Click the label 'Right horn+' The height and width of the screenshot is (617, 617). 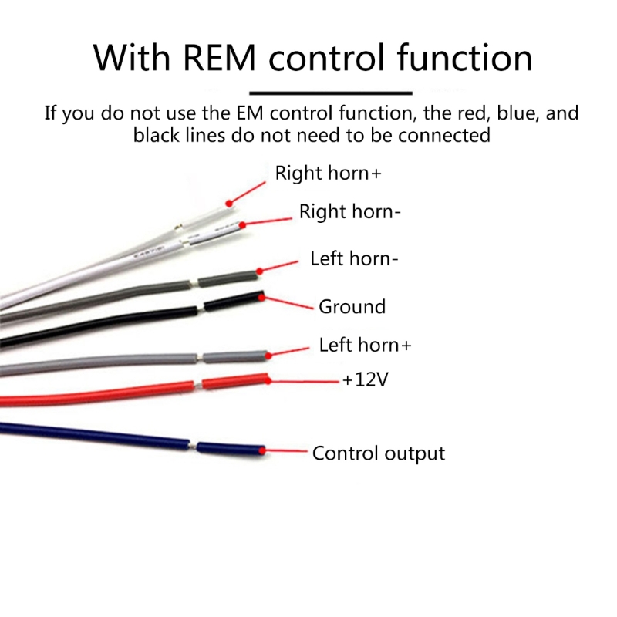click(328, 174)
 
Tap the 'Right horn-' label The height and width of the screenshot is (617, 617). click(349, 211)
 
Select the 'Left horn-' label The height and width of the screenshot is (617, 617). click(354, 258)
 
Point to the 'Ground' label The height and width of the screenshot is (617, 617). click(352, 306)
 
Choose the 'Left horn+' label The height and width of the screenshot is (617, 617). click(365, 345)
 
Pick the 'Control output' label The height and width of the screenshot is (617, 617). click(378, 453)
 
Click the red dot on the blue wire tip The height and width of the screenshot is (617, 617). click(262, 450)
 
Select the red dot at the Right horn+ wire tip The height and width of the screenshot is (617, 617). click(228, 203)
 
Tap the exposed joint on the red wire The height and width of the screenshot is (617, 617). click(199, 383)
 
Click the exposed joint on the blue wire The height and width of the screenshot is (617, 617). click(192, 446)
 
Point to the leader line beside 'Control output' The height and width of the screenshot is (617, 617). click(285, 450)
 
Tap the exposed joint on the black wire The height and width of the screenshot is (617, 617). click(200, 306)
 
